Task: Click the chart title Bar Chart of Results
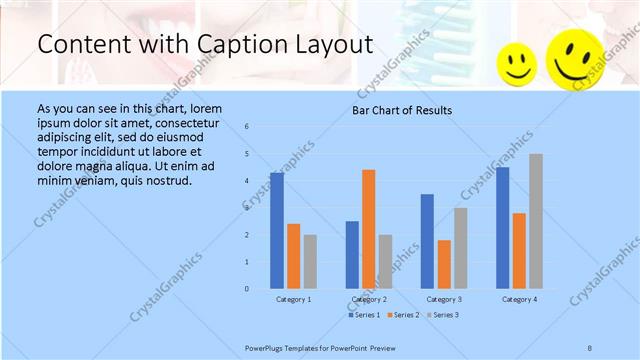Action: click(402, 110)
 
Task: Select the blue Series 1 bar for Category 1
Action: click(277, 230)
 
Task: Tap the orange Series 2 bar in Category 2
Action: click(369, 229)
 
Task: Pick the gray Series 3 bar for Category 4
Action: click(536, 221)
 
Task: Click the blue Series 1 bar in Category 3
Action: click(427, 241)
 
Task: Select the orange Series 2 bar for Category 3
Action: click(444, 264)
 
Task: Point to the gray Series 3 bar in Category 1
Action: click(310, 261)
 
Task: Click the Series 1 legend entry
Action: click(364, 315)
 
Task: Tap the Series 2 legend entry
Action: click(402, 315)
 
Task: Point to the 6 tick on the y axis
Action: click(247, 127)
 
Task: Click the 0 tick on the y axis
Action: click(247, 289)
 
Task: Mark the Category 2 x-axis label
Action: click(369, 300)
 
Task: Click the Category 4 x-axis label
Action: click(519, 300)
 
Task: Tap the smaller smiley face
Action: click(517, 65)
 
